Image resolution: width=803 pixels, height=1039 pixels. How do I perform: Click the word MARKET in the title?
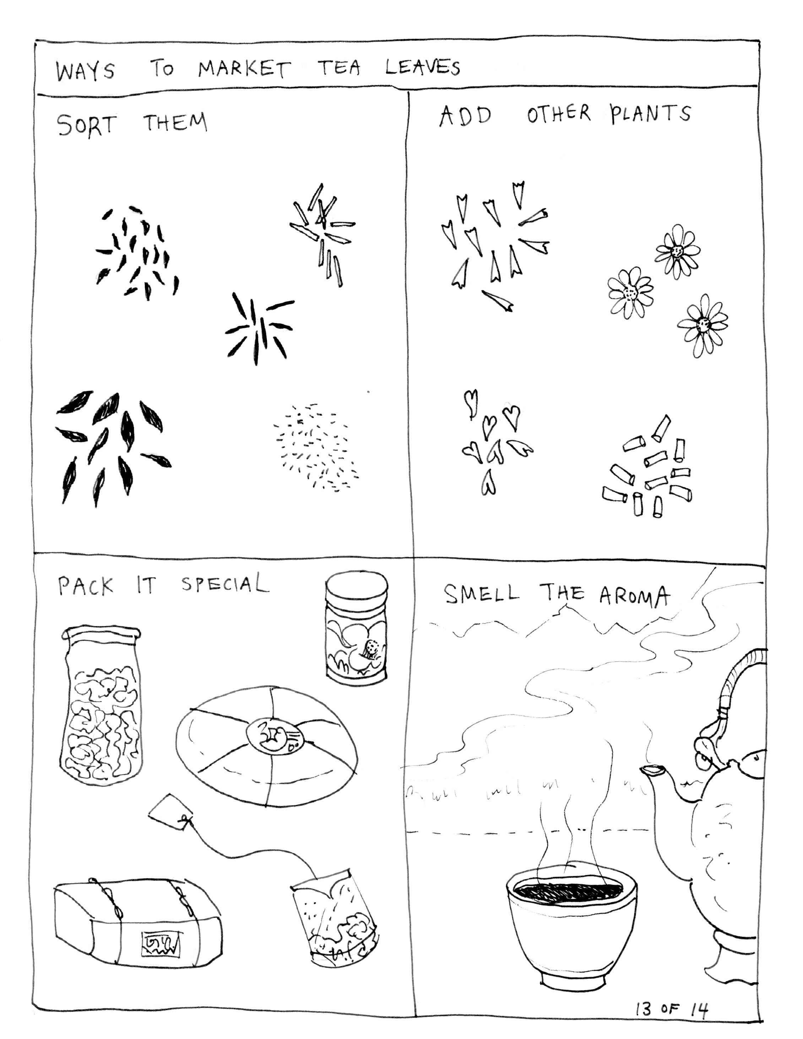243,69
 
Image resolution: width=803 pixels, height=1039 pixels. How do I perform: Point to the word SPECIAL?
225,583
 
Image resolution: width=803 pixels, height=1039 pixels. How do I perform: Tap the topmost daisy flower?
677,252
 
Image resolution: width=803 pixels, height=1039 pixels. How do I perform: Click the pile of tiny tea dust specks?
314,447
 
